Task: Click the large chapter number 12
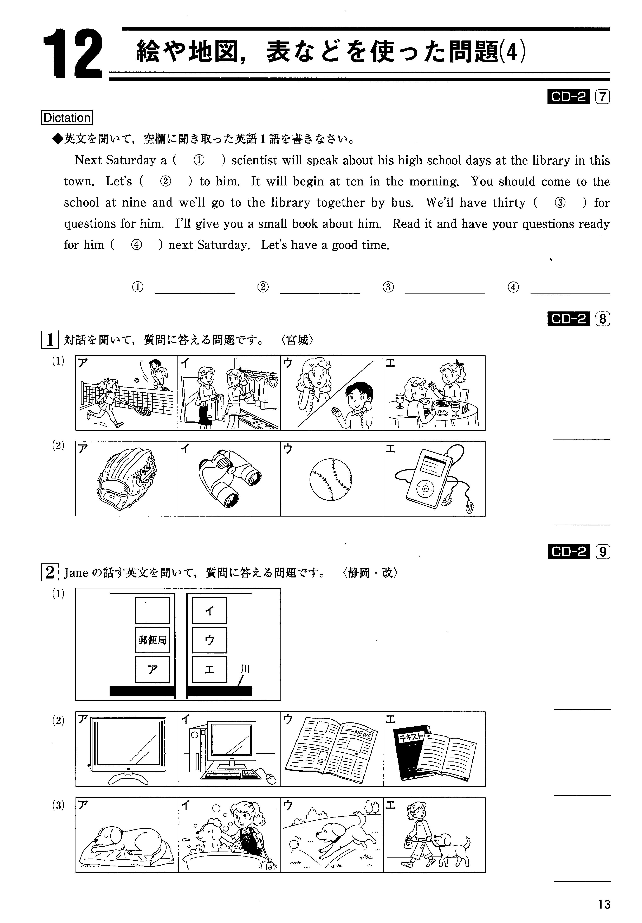coord(72,53)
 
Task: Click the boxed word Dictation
coord(67,118)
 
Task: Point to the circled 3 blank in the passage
coord(560,203)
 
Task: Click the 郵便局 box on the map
coord(152,640)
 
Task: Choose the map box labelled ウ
coord(209,640)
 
